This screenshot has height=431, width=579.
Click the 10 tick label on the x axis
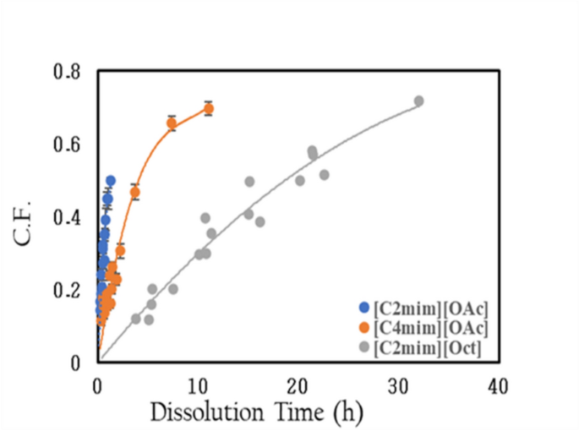(197, 385)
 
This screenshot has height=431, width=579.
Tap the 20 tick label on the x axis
(297, 385)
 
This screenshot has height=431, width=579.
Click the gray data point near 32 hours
(418, 101)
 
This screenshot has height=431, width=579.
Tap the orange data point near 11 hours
(208, 108)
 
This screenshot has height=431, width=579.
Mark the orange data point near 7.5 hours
(172, 123)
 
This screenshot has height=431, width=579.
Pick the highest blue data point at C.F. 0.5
(111, 181)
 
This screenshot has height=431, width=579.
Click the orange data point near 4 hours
(134, 193)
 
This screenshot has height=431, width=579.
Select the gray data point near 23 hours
(324, 175)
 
